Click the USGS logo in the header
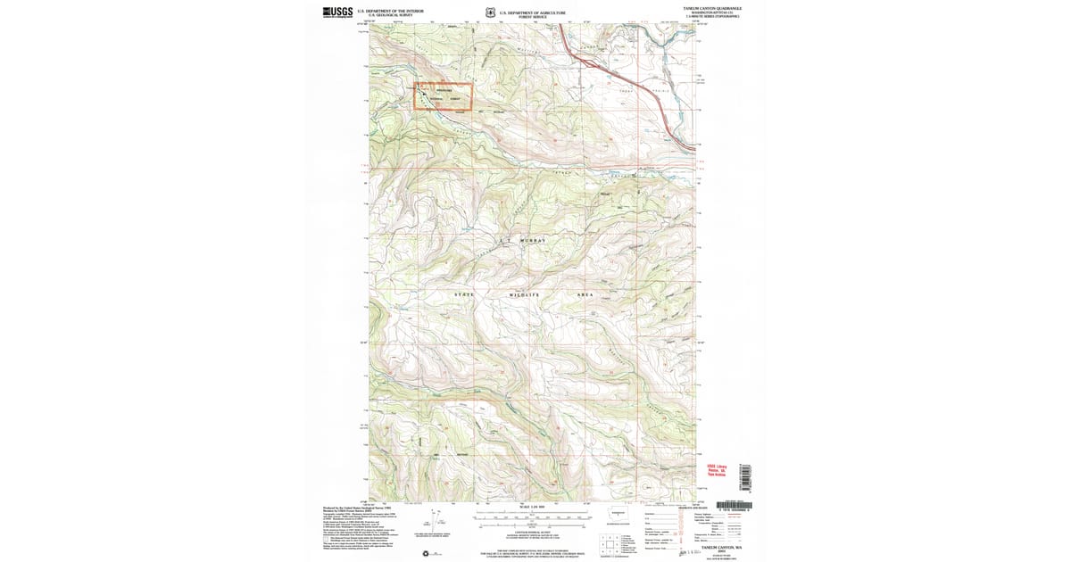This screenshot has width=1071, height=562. tap(337, 12)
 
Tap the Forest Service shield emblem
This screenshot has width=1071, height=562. tap(491, 12)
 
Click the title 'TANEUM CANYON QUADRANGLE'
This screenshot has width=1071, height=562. tap(712, 7)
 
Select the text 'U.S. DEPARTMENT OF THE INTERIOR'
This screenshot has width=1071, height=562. tap(390, 11)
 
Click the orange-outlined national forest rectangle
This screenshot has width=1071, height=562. tap(443, 97)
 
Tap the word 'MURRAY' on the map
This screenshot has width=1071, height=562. tap(527, 241)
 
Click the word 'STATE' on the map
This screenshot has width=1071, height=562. tap(465, 293)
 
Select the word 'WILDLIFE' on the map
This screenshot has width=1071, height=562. tap(526, 293)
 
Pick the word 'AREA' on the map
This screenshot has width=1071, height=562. tap(585, 293)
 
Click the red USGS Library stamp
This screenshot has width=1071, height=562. tap(718, 469)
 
